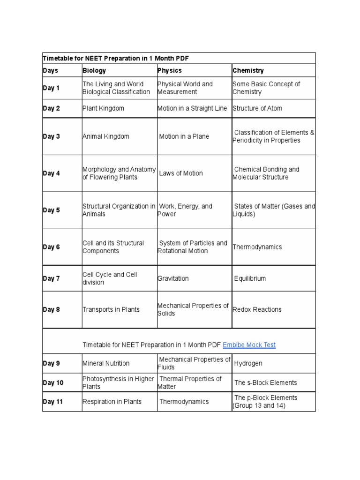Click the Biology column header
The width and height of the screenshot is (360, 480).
[x=94, y=71]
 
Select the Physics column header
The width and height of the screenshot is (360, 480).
[x=170, y=71]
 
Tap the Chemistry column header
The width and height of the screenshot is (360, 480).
[x=248, y=71]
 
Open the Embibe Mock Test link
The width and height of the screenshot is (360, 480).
[x=249, y=345]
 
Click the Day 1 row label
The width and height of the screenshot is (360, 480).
[x=52, y=88]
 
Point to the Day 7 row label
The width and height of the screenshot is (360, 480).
[x=52, y=278]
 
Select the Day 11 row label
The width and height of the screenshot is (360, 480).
[x=53, y=402]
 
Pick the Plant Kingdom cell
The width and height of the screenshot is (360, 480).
[x=103, y=108]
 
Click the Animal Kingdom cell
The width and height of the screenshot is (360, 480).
[x=105, y=136]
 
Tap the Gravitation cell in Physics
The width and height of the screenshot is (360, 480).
[x=173, y=278]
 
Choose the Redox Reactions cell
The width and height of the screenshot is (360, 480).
[x=257, y=309]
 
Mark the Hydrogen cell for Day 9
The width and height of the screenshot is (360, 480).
[x=248, y=363]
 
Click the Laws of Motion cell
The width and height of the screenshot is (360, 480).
[x=181, y=173]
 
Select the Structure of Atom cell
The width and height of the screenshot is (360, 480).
[x=257, y=108]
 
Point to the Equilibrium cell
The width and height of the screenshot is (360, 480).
[x=250, y=278]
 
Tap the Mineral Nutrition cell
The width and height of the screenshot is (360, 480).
[x=106, y=363]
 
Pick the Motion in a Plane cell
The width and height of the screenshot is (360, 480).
[x=184, y=136]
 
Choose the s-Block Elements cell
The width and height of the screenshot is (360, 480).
[x=265, y=382]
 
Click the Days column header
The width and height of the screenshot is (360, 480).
[x=51, y=71]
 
